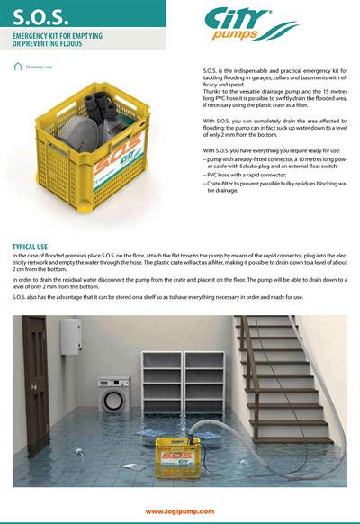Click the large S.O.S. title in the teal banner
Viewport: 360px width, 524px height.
(40, 15)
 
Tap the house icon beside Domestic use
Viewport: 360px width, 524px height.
(18, 67)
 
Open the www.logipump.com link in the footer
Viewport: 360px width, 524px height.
(180, 510)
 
